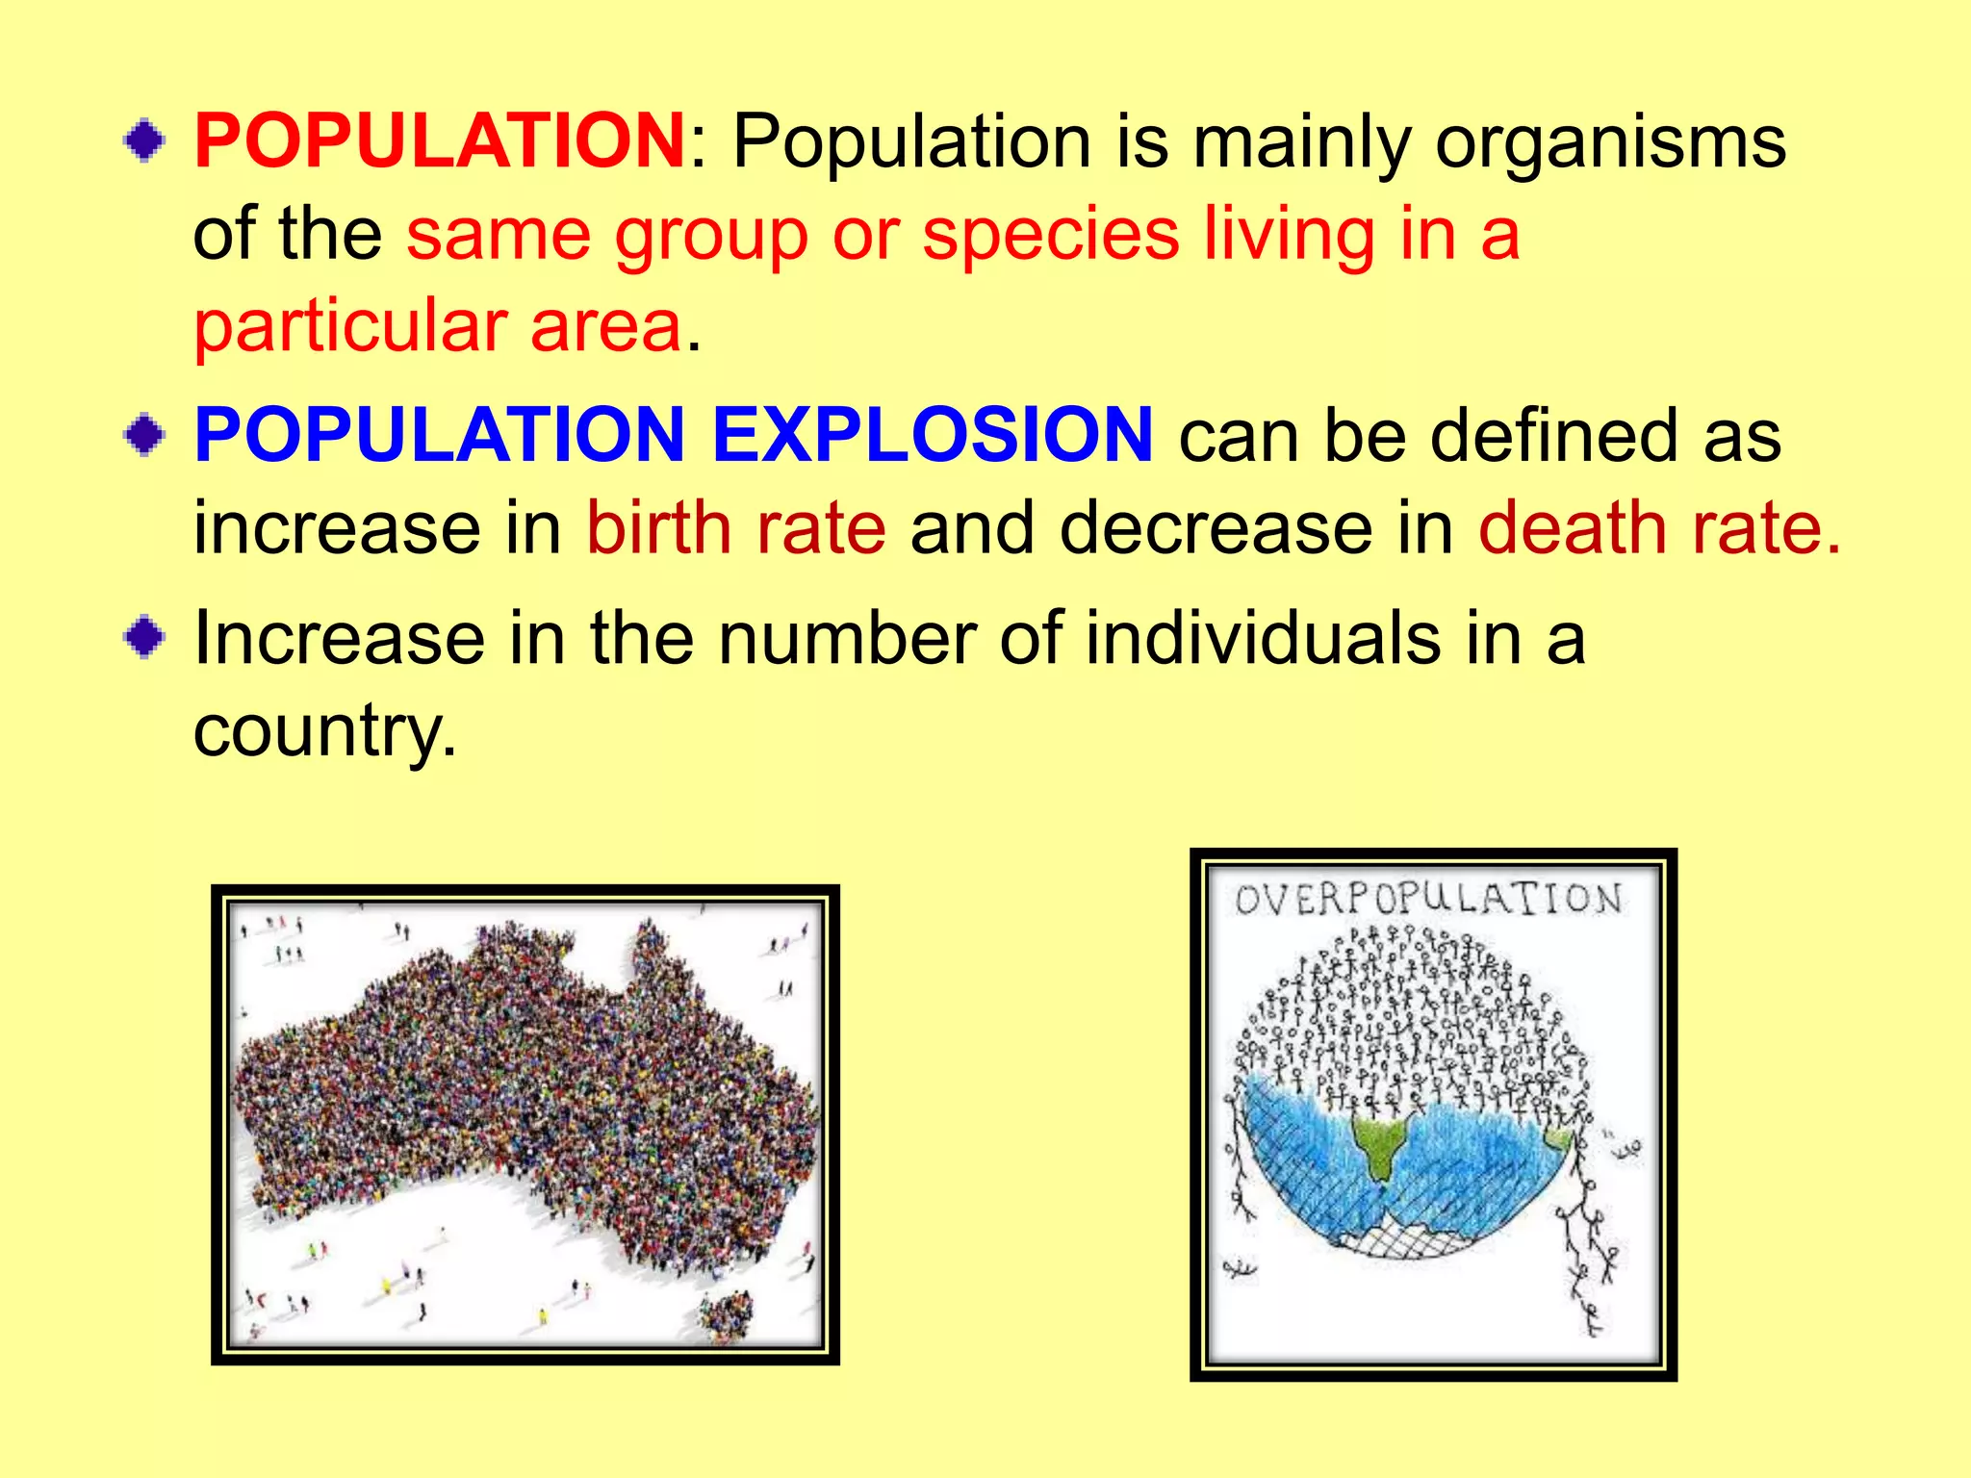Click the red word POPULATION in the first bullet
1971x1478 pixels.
pos(439,140)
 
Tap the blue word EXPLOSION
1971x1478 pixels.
pos(932,435)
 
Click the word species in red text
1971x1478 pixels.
pos(1050,237)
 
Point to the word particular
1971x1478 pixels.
pos(350,327)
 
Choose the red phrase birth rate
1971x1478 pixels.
pos(735,528)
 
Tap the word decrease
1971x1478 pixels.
pos(1216,528)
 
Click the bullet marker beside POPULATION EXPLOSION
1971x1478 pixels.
pos(144,436)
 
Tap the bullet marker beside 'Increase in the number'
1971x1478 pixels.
pos(144,638)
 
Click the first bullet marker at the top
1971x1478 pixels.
pos(144,141)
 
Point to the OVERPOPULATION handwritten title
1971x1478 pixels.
pos(1429,900)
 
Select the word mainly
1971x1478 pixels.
pos(1301,144)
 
